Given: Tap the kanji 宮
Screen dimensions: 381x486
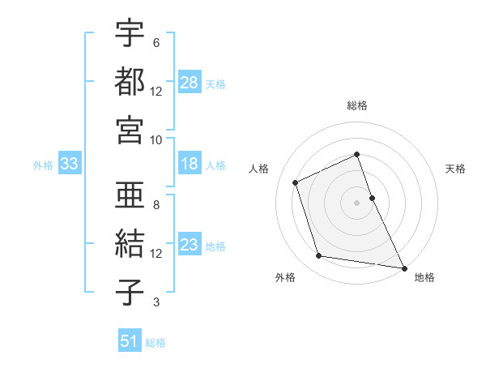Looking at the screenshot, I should (130, 129).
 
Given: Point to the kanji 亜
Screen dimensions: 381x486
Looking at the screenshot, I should (130, 196).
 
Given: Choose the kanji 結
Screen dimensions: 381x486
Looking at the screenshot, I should (130, 244).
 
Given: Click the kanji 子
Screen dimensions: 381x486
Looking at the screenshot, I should (130, 292).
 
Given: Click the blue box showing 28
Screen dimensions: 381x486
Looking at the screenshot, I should (190, 82).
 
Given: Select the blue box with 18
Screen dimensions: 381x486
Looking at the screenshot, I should (190, 165).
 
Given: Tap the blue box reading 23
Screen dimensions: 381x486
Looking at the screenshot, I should (190, 245).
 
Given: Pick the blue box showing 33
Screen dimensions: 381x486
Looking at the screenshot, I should (70, 165).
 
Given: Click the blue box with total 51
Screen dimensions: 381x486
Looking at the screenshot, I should (130, 341).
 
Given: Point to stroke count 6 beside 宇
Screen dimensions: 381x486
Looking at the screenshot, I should (156, 43).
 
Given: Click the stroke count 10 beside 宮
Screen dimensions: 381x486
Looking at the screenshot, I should (156, 139).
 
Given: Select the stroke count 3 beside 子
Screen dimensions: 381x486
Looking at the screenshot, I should (156, 302).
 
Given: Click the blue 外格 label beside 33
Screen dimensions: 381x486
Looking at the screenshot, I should (43, 165).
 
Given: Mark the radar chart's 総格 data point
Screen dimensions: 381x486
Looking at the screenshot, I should (356, 154).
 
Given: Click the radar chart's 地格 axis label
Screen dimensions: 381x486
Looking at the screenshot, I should (424, 278).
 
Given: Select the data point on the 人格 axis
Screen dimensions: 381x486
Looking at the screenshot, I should (296, 182).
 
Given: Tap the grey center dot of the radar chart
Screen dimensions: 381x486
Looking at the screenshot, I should (356, 202).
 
